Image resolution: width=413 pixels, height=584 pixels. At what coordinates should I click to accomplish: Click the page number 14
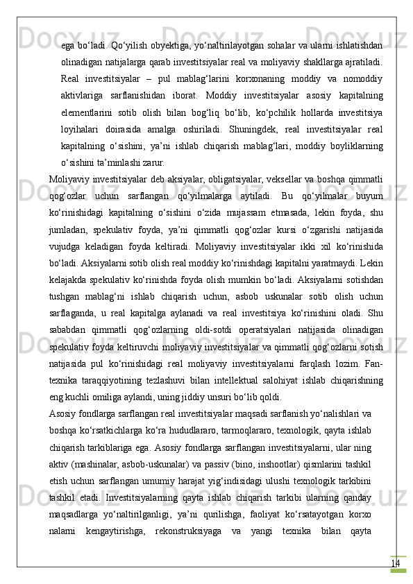(395, 544)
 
